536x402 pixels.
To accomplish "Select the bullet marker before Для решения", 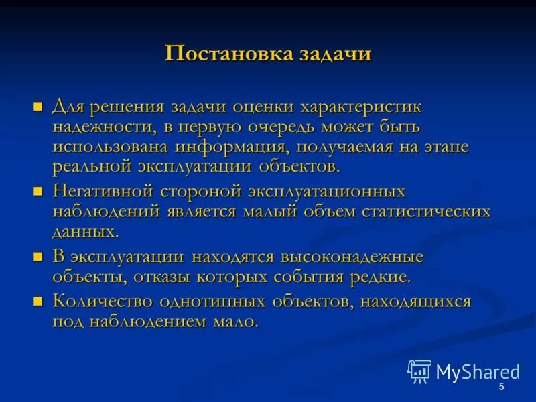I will pyautogui.click(x=38, y=106).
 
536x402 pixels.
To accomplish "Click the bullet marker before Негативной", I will pyautogui.click(x=38, y=191).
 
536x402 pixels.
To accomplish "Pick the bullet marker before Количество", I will pyautogui.click(x=38, y=301).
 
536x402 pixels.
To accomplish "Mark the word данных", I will pyautogui.click(x=85, y=232).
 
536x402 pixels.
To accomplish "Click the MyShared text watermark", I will pyautogui.click(x=478, y=372).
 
